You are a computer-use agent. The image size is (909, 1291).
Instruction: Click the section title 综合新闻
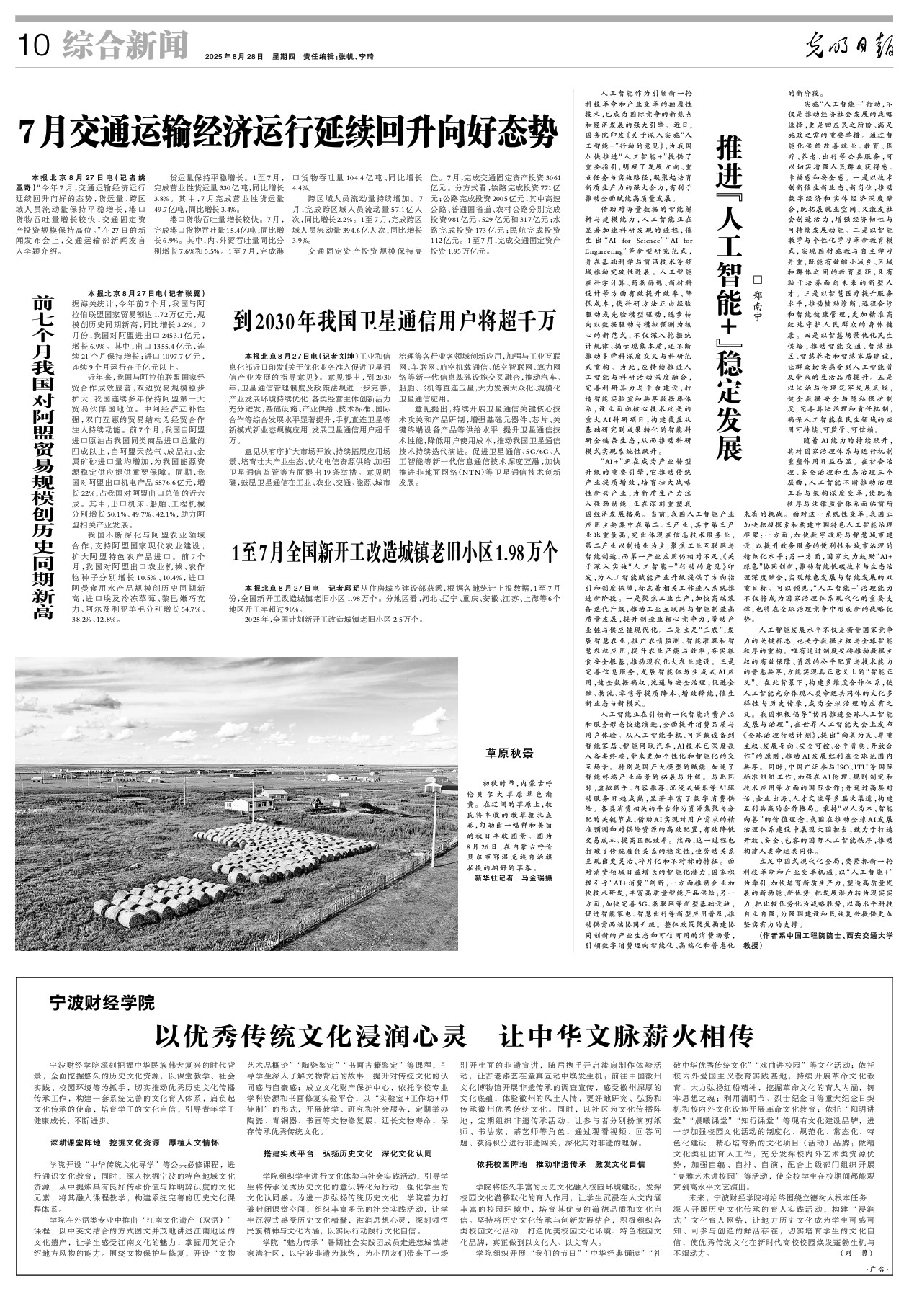[x=125, y=45]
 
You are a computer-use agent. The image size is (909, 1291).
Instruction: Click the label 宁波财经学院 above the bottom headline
[x=102, y=1001]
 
